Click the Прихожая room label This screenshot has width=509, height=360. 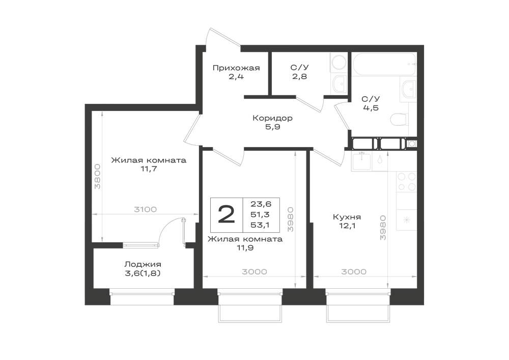(x=236, y=68)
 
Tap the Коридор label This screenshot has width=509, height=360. (x=272, y=118)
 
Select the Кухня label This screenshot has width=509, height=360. (x=347, y=217)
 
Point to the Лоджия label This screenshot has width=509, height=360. (x=143, y=265)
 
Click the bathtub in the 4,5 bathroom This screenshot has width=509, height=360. (x=384, y=64)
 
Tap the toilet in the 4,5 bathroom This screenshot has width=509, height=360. (x=399, y=120)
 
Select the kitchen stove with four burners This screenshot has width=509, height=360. (x=407, y=181)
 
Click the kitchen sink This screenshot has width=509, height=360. (x=361, y=161)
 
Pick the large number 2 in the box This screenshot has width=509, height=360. (x=227, y=214)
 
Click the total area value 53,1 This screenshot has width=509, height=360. (x=260, y=225)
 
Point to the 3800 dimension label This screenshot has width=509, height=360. (x=97, y=176)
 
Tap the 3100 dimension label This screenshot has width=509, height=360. (x=146, y=209)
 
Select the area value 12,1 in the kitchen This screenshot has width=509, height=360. (x=347, y=226)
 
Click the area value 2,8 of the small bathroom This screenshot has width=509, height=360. (x=299, y=77)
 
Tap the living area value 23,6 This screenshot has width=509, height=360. (x=261, y=204)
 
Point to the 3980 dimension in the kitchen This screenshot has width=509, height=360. (x=383, y=227)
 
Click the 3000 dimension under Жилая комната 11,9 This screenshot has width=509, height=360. (x=254, y=272)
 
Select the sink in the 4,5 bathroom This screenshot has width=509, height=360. (x=408, y=89)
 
